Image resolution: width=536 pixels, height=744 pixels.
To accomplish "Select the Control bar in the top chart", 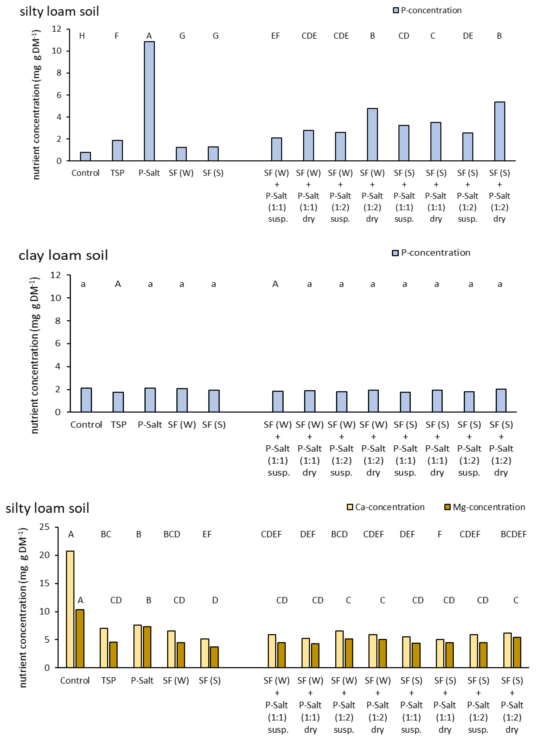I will (x=85, y=156).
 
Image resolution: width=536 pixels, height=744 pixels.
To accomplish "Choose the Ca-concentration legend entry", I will (x=386, y=507).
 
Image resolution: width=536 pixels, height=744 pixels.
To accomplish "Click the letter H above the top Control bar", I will (x=82, y=36).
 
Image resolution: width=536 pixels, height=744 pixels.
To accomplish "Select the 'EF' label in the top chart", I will (x=275, y=36).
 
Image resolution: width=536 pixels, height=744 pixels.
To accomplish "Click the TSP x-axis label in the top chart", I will (x=117, y=173).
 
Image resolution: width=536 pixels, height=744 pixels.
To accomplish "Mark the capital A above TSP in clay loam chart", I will (x=118, y=284).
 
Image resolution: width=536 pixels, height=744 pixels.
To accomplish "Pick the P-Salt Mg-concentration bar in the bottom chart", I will (x=147, y=647).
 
